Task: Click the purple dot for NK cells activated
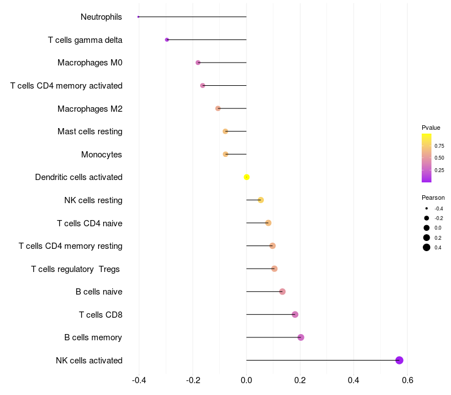click(399, 360)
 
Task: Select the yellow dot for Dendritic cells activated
click(246, 177)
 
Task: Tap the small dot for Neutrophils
click(138, 17)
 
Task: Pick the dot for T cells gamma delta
click(167, 39)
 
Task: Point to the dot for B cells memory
click(300, 337)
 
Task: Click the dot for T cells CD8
click(295, 314)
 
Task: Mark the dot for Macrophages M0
click(198, 63)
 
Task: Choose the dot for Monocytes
click(225, 154)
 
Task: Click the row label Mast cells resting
click(90, 131)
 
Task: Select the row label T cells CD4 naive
click(90, 223)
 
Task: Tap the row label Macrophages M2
click(90, 108)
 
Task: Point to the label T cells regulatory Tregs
click(76, 269)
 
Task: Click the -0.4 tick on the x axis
click(139, 380)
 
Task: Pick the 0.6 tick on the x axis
click(408, 380)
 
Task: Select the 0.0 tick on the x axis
click(246, 380)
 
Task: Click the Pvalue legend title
click(431, 128)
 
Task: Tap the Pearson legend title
click(433, 197)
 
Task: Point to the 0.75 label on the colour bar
click(439, 146)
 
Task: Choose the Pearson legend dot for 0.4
click(427, 247)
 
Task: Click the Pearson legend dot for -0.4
click(427, 208)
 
